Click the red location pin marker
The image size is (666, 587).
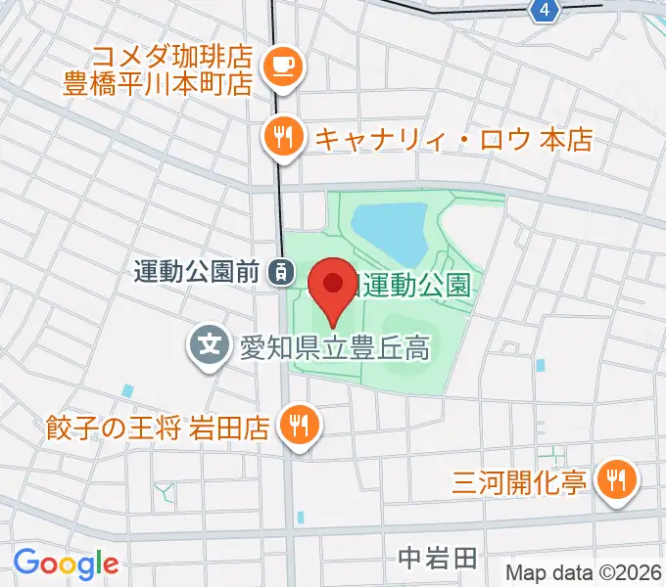(x=332, y=287)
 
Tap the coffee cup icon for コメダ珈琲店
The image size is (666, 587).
(x=283, y=66)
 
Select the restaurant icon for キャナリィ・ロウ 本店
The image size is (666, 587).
(x=283, y=138)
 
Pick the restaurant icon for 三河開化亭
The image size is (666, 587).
(x=617, y=479)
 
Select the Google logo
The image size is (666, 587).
(x=66, y=563)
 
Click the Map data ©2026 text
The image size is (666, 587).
(x=585, y=572)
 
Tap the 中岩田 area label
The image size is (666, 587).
(x=438, y=559)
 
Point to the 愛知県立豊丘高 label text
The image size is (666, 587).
(x=335, y=346)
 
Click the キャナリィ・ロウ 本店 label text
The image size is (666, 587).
(x=453, y=139)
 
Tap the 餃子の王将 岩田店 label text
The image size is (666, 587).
(x=157, y=428)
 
